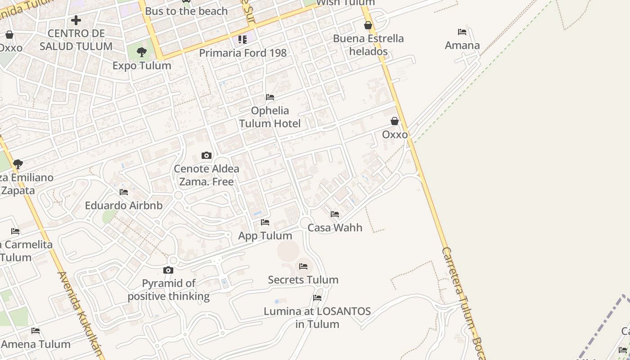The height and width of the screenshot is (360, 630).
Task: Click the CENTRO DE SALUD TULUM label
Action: (76, 40)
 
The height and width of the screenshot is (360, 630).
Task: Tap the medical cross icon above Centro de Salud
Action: (76, 20)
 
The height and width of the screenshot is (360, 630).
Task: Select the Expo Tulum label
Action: (142, 65)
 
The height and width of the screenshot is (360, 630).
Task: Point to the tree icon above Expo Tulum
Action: (142, 52)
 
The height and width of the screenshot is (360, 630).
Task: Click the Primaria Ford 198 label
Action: (243, 53)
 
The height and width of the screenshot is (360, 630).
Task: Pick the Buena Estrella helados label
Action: (368, 45)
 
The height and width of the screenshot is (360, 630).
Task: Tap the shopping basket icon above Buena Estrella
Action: (368, 25)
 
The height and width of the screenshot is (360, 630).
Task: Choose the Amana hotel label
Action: (462, 45)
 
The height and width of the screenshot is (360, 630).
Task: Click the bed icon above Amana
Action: (462, 32)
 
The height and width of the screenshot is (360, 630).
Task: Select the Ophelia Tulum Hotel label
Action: (270, 117)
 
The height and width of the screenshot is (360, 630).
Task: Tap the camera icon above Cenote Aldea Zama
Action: (207, 156)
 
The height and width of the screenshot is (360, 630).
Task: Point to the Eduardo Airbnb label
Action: (124, 206)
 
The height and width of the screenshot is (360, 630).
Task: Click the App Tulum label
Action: (265, 235)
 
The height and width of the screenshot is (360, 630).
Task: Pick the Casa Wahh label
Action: (335, 227)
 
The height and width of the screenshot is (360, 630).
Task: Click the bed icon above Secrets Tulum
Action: (303, 266)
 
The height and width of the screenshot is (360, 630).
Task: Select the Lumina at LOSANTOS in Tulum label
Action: (317, 317)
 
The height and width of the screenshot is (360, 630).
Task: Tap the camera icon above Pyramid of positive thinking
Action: (168, 270)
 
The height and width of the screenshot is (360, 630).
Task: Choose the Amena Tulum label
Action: (36, 344)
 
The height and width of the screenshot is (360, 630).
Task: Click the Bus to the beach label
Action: (186, 11)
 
